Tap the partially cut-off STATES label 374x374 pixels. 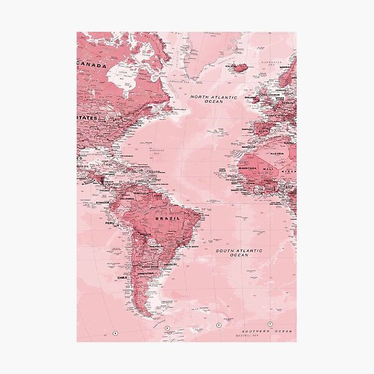pos(87,117)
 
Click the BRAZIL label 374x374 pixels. pos(168,219)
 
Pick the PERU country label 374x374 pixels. pos(110,223)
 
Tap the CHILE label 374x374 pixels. pos(122,277)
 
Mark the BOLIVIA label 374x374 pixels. pos(145,234)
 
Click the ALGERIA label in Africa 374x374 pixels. pos(277,153)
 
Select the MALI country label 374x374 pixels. pos(268,168)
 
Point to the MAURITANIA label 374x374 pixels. pos(248,167)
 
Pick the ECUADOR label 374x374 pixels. pos(103,202)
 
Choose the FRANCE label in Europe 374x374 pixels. pos(272,116)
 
